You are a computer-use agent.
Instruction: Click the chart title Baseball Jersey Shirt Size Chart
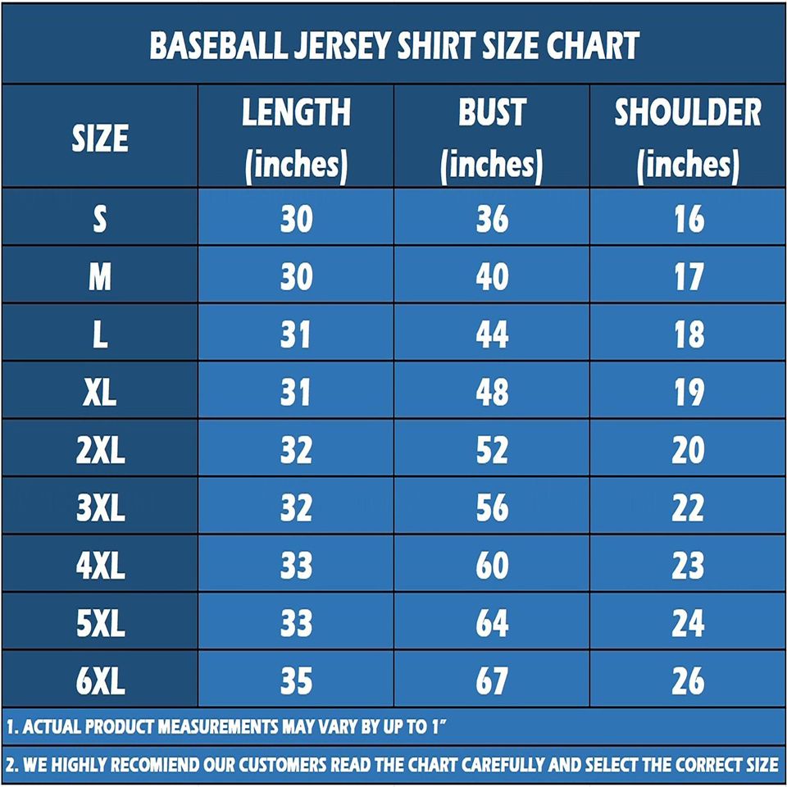tap(393, 46)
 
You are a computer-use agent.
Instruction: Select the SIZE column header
tap(100, 138)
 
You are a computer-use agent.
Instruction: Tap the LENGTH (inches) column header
tap(296, 138)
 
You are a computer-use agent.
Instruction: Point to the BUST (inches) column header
tap(491, 138)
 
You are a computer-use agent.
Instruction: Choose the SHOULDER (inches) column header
tap(688, 138)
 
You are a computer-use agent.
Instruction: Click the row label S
tap(100, 219)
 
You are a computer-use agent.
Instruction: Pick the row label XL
tap(100, 393)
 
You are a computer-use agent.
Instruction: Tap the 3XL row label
tap(100, 508)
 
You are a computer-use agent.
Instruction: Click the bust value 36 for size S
tap(492, 219)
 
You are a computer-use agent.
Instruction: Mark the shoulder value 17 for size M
tap(688, 277)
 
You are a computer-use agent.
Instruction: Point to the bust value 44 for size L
tap(492, 334)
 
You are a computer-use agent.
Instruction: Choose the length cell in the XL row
tap(296, 393)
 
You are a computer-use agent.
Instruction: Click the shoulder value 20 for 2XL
tap(688, 450)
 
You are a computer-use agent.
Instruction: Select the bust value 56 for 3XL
tap(492, 508)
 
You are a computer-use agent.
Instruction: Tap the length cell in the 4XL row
tap(296, 566)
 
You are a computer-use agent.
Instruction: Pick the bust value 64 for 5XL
tap(492, 624)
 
